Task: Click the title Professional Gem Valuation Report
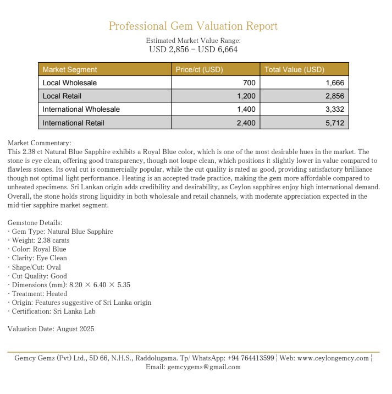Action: coord(193,26)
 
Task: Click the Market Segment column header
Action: coord(70,70)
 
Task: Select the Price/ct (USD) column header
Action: coord(199,70)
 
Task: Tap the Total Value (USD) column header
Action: coord(294,70)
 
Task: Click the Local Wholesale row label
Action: coord(70,83)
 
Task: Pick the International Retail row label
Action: coord(73,123)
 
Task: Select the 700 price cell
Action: coord(249,83)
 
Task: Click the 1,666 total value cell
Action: coord(334,83)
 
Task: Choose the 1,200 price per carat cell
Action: coord(246,96)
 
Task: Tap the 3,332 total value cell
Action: coord(334,110)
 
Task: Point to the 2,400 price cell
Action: coord(246,123)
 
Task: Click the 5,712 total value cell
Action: coord(334,123)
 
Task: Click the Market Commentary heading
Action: coord(40,143)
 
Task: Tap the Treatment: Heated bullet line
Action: coord(37,293)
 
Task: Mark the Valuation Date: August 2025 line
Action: coord(51,329)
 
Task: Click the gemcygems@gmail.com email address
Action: coord(204,367)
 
